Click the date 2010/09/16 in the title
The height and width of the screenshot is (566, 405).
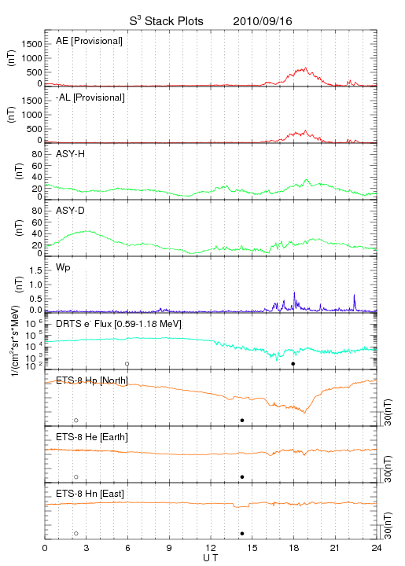(x=263, y=21)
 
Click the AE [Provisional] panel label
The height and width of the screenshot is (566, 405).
(x=89, y=41)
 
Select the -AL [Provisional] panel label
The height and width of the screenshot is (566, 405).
(x=90, y=97)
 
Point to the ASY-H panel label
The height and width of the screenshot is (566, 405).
(x=71, y=154)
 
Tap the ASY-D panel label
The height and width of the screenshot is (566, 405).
(x=71, y=211)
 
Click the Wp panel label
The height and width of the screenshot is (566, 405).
(x=63, y=268)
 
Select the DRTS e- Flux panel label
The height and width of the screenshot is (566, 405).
(x=119, y=324)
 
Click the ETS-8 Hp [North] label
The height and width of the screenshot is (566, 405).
(x=92, y=380)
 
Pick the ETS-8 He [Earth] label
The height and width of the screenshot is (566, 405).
(x=92, y=437)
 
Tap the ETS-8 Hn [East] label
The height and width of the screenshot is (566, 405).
(x=90, y=494)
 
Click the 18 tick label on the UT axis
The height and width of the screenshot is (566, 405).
(x=294, y=548)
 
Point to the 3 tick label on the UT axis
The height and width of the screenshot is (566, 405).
(x=87, y=548)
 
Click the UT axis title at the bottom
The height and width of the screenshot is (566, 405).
(x=211, y=558)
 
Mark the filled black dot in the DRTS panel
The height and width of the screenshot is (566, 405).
(x=293, y=364)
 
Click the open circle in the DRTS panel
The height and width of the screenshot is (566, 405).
(x=127, y=364)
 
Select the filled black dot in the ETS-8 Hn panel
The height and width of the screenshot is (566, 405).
(x=242, y=534)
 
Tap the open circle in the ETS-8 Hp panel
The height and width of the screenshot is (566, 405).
(x=76, y=420)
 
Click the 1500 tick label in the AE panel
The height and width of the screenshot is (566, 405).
(x=32, y=44)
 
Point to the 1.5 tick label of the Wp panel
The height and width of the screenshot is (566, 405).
(x=35, y=270)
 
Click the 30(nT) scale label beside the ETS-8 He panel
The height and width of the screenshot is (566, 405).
(x=388, y=469)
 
